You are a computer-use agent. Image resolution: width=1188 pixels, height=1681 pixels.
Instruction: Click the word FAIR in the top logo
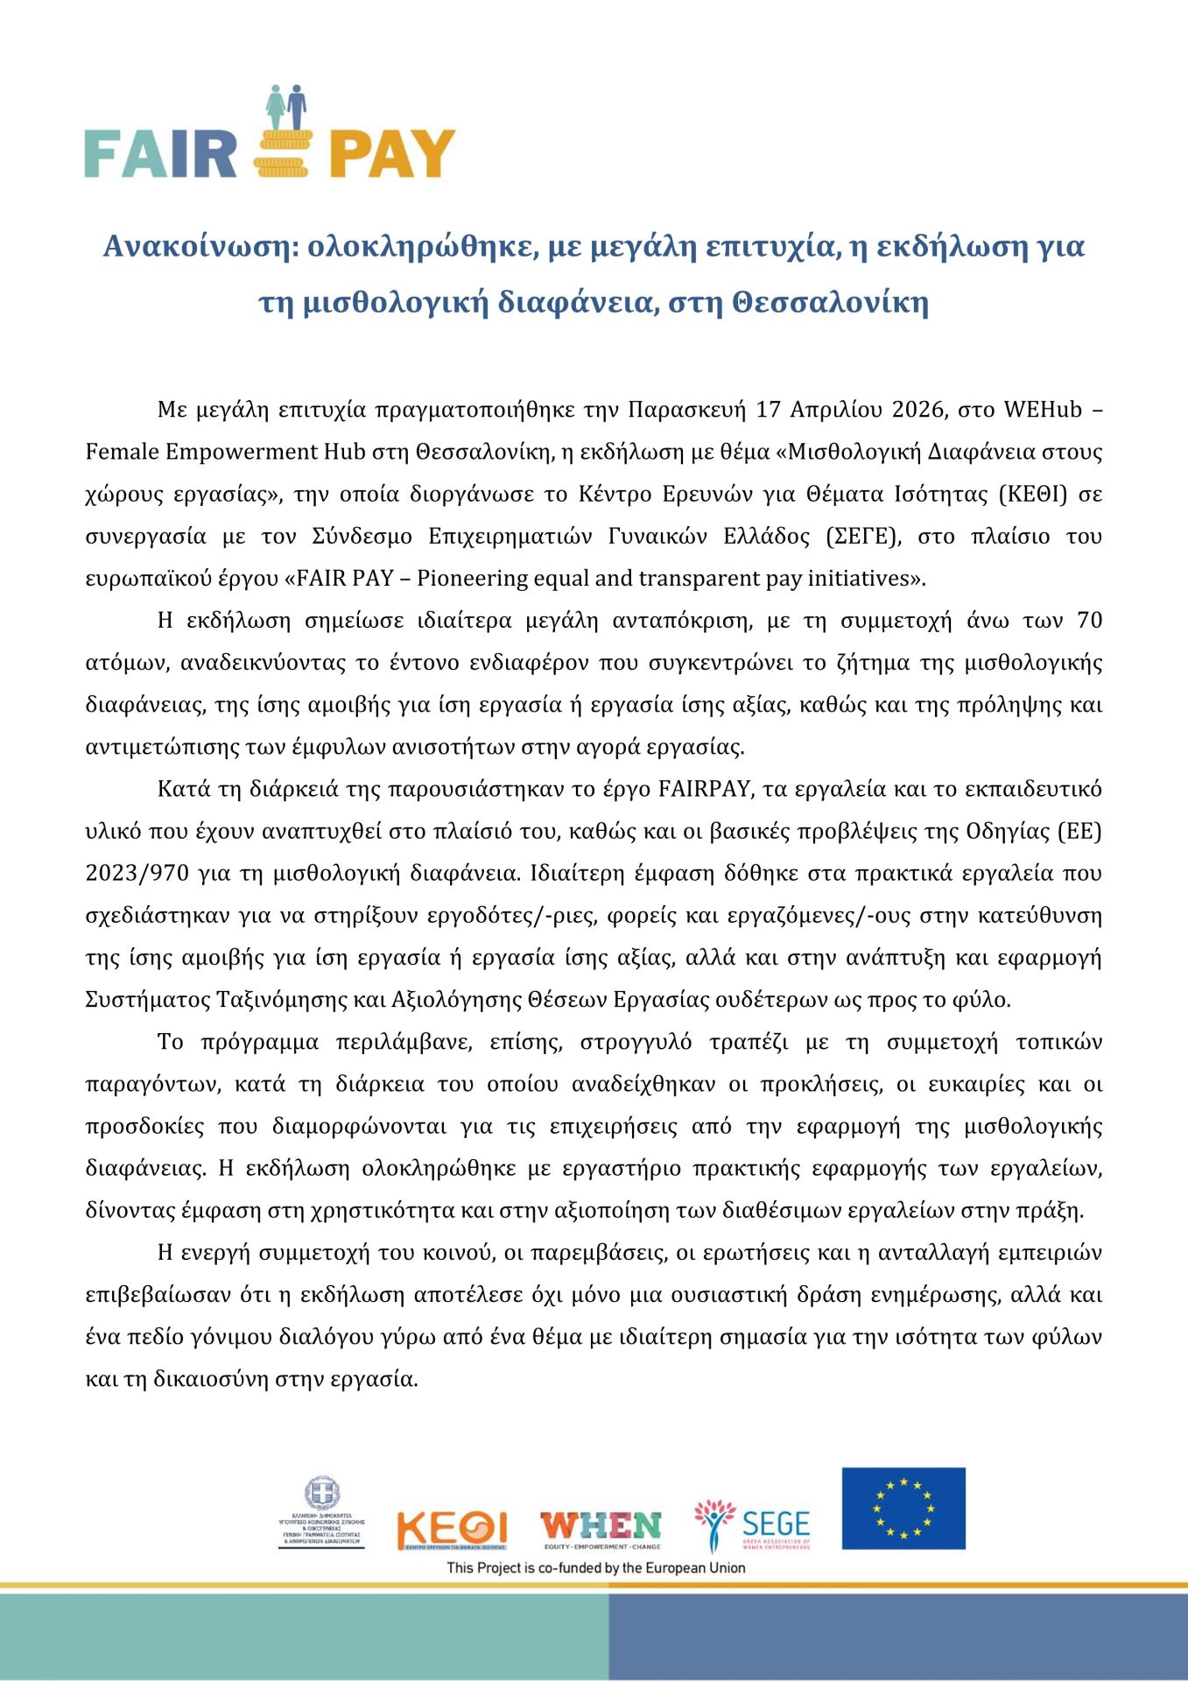(161, 155)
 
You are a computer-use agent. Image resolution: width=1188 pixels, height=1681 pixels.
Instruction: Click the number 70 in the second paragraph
(1086, 621)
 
